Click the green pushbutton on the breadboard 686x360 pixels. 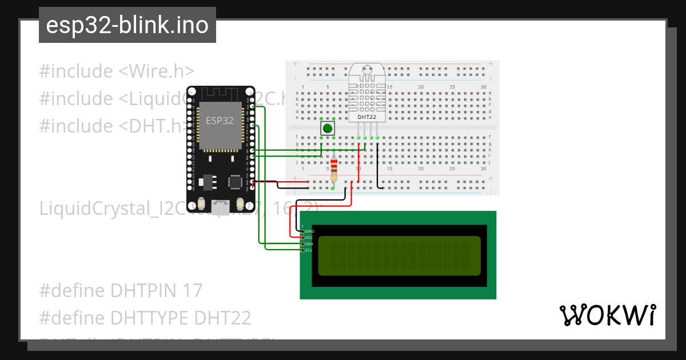(x=328, y=128)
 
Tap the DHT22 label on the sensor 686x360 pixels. (x=366, y=117)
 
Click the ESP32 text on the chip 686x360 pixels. (x=220, y=121)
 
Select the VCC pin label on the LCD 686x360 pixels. (x=309, y=237)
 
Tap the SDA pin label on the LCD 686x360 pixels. (x=309, y=243)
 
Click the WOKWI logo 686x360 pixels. (x=607, y=315)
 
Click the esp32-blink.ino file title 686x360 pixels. (x=127, y=26)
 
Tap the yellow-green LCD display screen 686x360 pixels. (x=399, y=255)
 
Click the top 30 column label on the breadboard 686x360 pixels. (x=484, y=87)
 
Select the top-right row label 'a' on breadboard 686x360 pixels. (x=490, y=93)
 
